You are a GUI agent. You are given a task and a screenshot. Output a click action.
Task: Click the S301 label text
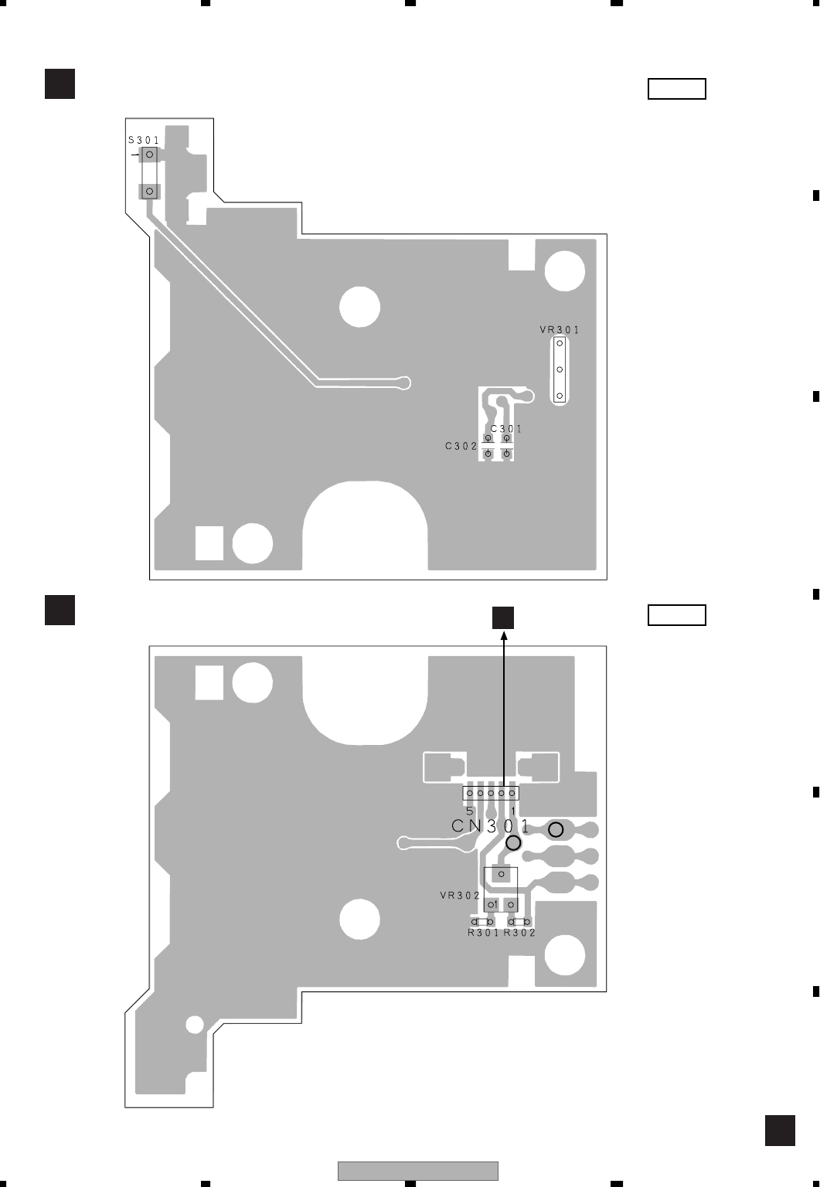coord(144,141)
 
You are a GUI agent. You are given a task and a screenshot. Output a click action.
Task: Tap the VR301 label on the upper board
coord(560,330)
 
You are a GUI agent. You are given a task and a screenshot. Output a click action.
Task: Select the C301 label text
coord(506,429)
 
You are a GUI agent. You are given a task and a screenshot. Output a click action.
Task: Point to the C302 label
coord(461,446)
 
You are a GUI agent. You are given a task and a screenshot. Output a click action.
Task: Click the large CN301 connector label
coord(491,825)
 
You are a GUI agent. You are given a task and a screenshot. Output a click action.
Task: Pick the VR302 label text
coord(460,896)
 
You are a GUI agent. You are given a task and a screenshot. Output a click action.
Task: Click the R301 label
coord(483,933)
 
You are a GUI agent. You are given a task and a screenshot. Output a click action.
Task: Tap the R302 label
coord(519,933)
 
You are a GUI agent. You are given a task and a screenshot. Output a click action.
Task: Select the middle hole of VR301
coord(560,369)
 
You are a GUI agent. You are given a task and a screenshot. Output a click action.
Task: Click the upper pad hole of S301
coord(150,155)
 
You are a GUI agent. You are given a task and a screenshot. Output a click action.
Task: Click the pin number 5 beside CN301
coord(470,811)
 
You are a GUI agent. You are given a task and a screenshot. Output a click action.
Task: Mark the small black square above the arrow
coord(503,617)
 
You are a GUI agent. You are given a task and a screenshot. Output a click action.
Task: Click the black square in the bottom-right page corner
coord(780,1131)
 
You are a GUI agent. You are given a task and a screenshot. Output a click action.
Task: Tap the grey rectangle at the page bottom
coord(417,1171)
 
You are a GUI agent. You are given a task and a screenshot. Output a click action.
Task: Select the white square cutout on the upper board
coord(209,542)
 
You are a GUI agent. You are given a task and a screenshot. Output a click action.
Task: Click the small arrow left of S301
coord(136,155)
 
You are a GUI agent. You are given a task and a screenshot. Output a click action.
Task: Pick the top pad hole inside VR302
coord(501,875)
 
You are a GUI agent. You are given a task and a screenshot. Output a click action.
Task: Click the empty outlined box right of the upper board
coord(676,89)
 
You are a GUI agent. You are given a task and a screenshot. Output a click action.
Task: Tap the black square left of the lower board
coord(60,609)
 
